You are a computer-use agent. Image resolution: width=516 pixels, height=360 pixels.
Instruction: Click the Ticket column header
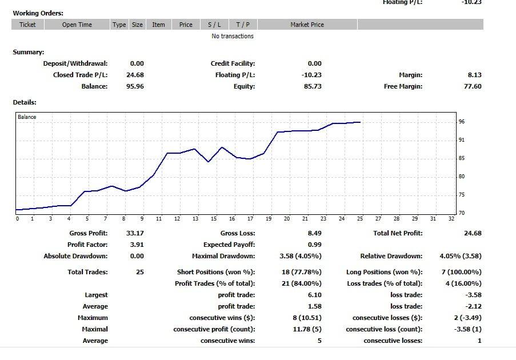click(x=27, y=25)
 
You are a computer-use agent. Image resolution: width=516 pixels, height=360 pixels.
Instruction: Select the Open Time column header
click(x=77, y=25)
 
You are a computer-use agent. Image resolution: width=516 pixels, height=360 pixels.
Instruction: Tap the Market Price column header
click(x=307, y=25)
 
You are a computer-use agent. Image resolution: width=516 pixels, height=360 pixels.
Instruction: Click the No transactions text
click(x=232, y=36)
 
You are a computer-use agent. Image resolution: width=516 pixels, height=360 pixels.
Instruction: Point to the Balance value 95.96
click(x=135, y=86)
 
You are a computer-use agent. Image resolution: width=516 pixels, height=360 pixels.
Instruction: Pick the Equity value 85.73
click(x=313, y=86)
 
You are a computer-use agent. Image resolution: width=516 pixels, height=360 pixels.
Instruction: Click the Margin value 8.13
click(x=474, y=75)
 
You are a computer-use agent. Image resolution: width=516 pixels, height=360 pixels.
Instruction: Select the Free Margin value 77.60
click(x=473, y=86)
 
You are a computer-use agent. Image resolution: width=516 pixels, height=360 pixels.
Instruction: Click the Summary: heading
click(x=29, y=52)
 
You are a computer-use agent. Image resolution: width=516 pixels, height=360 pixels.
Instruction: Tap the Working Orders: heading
click(x=38, y=13)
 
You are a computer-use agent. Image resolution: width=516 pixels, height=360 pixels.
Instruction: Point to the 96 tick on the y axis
click(x=462, y=122)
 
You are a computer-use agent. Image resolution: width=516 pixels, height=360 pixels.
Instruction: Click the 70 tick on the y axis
click(x=462, y=213)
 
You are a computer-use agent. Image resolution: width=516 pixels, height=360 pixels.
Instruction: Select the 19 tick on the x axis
click(x=269, y=219)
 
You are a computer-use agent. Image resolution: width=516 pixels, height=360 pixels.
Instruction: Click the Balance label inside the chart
click(x=27, y=117)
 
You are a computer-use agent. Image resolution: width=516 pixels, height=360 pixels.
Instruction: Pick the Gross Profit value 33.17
click(x=135, y=233)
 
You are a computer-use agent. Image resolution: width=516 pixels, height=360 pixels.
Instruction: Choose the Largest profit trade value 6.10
click(x=314, y=295)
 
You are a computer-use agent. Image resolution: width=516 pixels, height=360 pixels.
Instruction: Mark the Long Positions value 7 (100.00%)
click(x=461, y=272)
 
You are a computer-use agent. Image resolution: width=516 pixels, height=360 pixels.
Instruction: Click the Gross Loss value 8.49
click(x=314, y=233)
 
